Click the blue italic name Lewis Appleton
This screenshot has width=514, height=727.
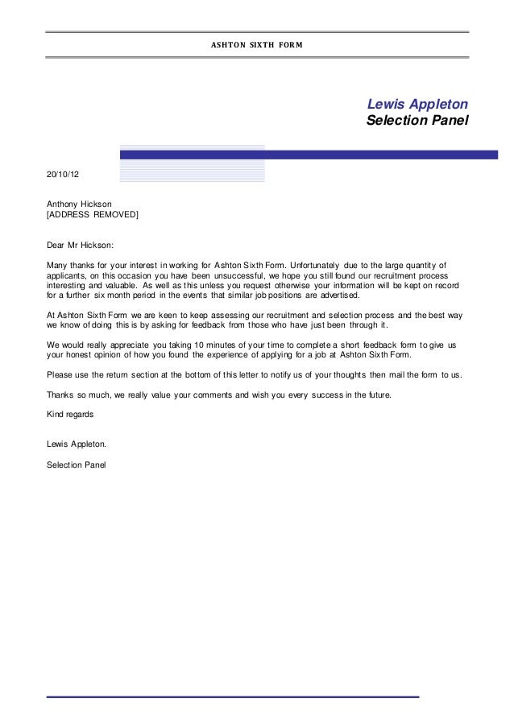(x=417, y=105)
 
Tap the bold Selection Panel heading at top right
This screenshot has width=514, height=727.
(x=417, y=123)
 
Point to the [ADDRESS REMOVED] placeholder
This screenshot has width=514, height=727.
(x=93, y=215)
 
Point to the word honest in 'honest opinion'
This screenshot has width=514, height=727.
(x=84, y=356)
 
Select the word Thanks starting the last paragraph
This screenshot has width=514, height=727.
(x=61, y=395)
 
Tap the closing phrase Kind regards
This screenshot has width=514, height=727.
(x=71, y=415)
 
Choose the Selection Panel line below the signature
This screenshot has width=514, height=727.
(x=77, y=465)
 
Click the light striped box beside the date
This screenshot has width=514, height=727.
(x=192, y=171)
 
